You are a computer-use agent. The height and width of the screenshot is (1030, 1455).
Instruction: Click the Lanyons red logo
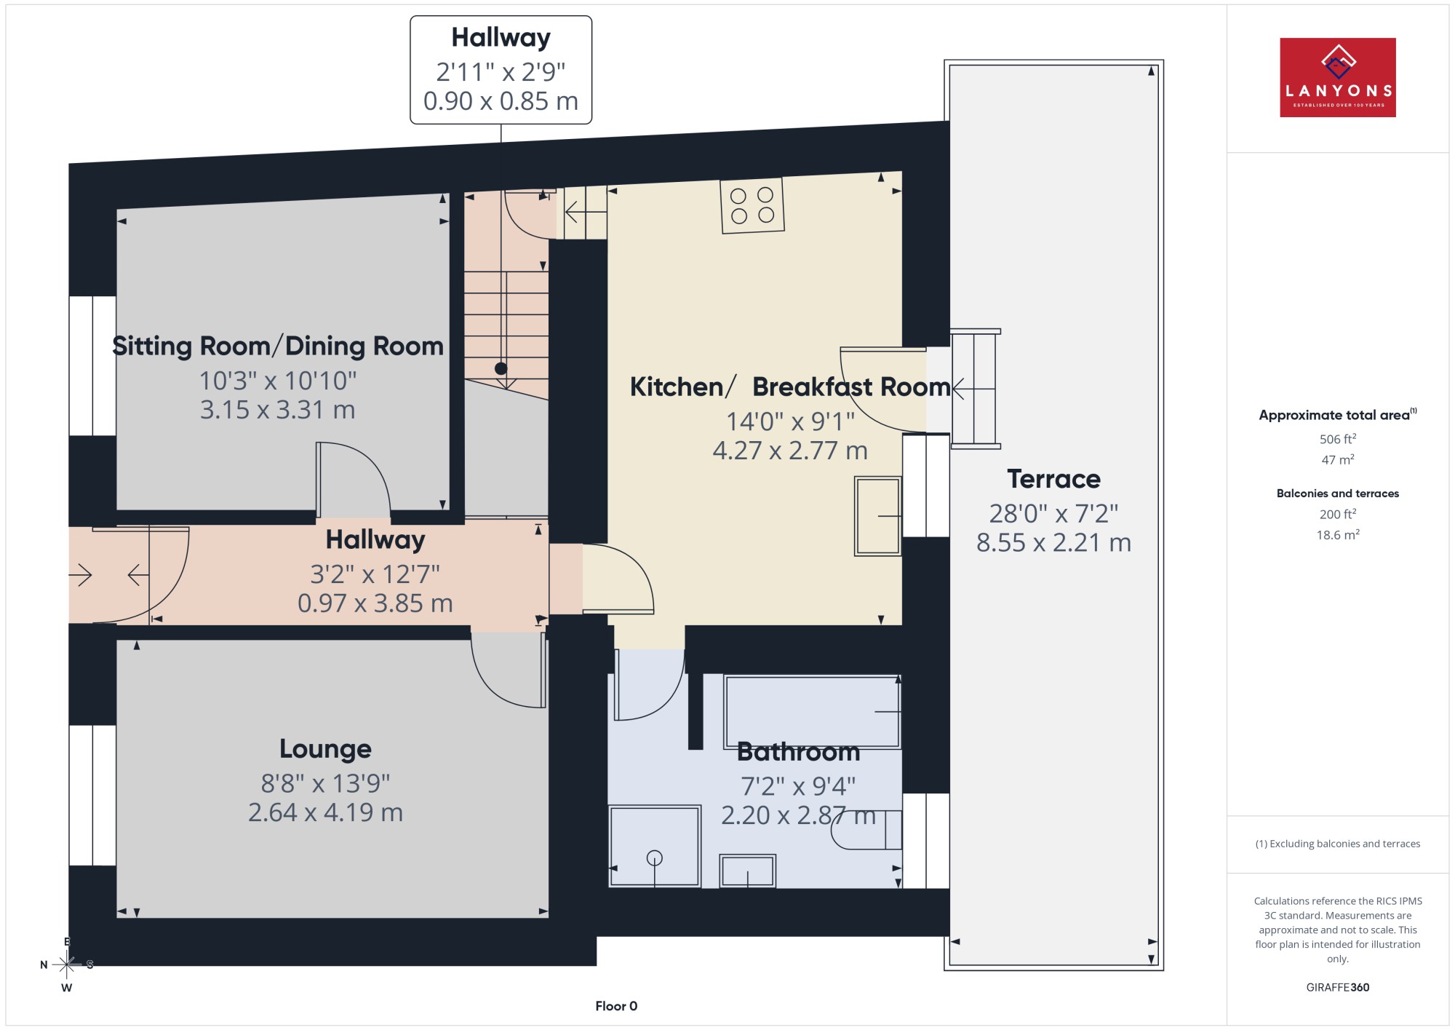point(1337,77)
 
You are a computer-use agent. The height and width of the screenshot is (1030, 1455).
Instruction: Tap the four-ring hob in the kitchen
point(752,206)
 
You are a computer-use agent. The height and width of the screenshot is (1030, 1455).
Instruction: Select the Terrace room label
point(1053,479)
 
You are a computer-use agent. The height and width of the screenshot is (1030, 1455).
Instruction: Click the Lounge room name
point(325,749)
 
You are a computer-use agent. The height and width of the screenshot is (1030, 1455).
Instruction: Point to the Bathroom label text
point(798,752)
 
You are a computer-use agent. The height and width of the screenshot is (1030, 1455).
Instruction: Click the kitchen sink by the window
point(878,516)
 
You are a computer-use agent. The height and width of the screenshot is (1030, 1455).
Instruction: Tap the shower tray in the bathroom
point(655,846)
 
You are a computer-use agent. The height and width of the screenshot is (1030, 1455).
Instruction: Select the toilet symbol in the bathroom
point(866,830)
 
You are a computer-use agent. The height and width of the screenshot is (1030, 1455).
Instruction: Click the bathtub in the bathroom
point(812,712)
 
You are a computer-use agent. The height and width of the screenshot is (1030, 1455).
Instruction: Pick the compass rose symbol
point(66,964)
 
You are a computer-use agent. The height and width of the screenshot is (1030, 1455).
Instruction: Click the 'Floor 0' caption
point(616,1006)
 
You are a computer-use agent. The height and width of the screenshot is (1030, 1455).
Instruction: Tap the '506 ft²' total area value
point(1338,439)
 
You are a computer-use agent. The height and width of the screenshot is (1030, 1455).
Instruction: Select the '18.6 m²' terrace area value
point(1338,535)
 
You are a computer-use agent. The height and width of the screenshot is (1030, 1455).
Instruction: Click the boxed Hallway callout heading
point(501,37)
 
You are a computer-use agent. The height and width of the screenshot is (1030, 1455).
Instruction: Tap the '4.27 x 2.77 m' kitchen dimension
point(790,451)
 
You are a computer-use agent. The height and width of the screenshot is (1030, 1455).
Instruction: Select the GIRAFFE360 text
point(1338,988)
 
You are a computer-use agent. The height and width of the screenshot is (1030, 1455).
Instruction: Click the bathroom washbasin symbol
point(748,871)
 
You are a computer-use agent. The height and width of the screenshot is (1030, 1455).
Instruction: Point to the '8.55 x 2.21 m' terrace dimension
point(1053,542)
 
